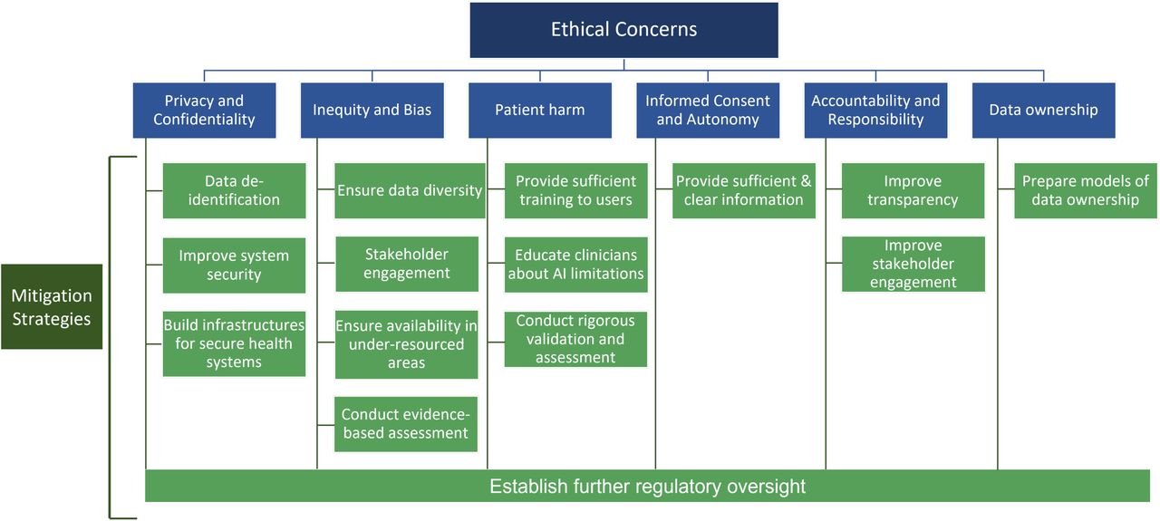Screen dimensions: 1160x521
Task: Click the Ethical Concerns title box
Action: tap(623, 30)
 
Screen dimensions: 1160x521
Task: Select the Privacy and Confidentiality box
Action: tap(204, 110)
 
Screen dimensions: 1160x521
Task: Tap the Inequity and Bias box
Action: tap(372, 110)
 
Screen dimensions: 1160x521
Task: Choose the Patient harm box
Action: tap(539, 110)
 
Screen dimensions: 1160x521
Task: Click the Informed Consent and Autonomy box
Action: tap(708, 110)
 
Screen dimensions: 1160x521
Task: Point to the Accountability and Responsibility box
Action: tap(875, 110)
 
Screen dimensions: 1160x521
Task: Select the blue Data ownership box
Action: tap(1043, 110)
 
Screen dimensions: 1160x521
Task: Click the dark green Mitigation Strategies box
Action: tap(52, 306)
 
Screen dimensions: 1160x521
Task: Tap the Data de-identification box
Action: tap(234, 190)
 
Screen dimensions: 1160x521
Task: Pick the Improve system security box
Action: tap(234, 265)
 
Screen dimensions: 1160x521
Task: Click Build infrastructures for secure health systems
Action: tap(234, 343)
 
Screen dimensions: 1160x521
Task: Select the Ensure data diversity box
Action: tap(410, 190)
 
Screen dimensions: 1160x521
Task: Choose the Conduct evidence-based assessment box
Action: tap(405, 424)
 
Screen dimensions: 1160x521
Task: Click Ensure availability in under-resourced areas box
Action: tap(406, 344)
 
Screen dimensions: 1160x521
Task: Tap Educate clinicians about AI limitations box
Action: tap(575, 265)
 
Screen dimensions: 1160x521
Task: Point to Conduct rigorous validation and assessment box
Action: tap(575, 339)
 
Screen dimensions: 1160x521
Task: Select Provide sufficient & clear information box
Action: tap(744, 190)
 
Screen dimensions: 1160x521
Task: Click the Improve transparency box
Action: tap(913, 190)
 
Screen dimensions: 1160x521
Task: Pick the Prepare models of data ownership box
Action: tap(1086, 190)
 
